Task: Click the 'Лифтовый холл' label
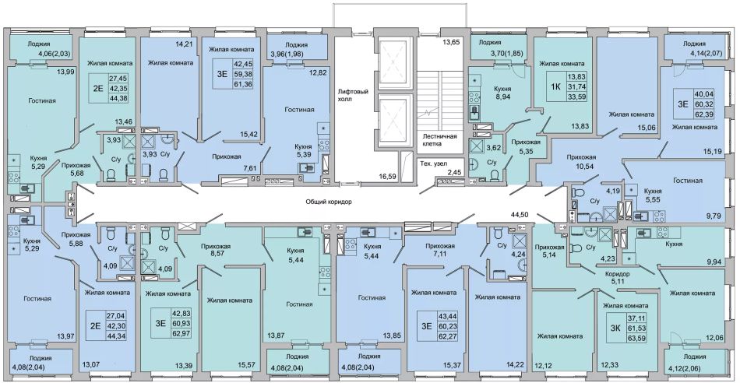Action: coord(353,96)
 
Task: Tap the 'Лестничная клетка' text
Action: coord(439,140)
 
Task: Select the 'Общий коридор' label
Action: coord(329,202)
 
